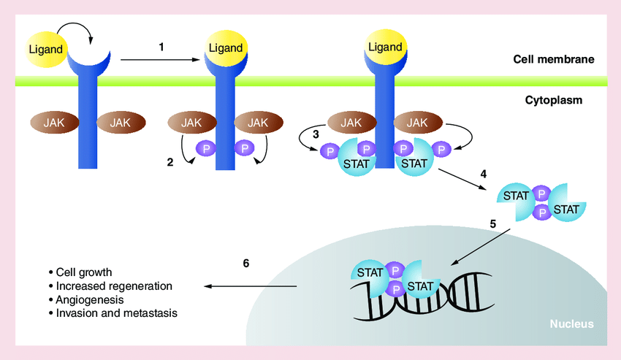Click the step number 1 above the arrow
(161, 47)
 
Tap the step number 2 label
(169, 162)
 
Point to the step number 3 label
(316, 134)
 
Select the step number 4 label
(483, 174)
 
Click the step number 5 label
(493, 224)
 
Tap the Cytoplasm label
(554, 100)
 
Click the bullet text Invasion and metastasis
(117, 313)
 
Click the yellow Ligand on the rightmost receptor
(385, 47)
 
